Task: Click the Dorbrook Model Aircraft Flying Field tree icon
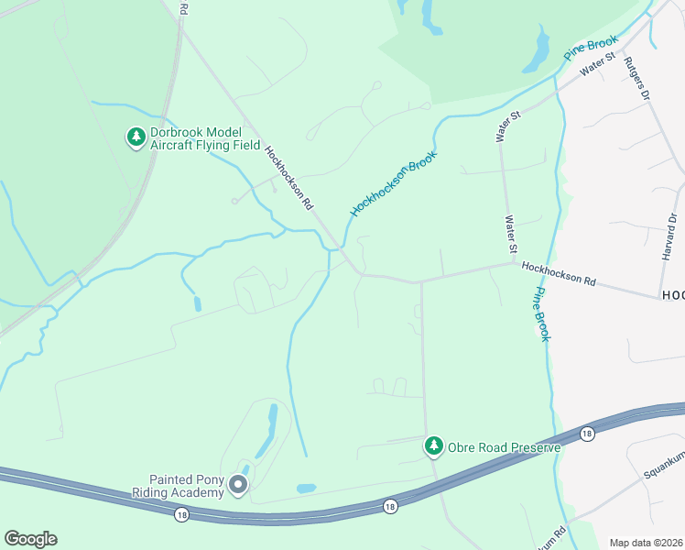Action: click(x=136, y=137)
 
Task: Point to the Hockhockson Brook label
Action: click(x=394, y=183)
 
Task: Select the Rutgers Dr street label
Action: click(x=636, y=78)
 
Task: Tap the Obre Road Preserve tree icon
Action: click(x=433, y=446)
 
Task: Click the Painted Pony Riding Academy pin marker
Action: click(x=238, y=484)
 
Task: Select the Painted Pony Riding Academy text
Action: click(x=187, y=486)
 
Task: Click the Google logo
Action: click(x=30, y=539)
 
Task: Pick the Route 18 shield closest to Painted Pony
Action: click(x=181, y=515)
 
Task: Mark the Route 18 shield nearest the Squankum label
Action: click(x=587, y=432)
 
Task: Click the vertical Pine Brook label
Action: click(x=540, y=313)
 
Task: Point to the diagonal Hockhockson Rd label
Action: click(x=289, y=177)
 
